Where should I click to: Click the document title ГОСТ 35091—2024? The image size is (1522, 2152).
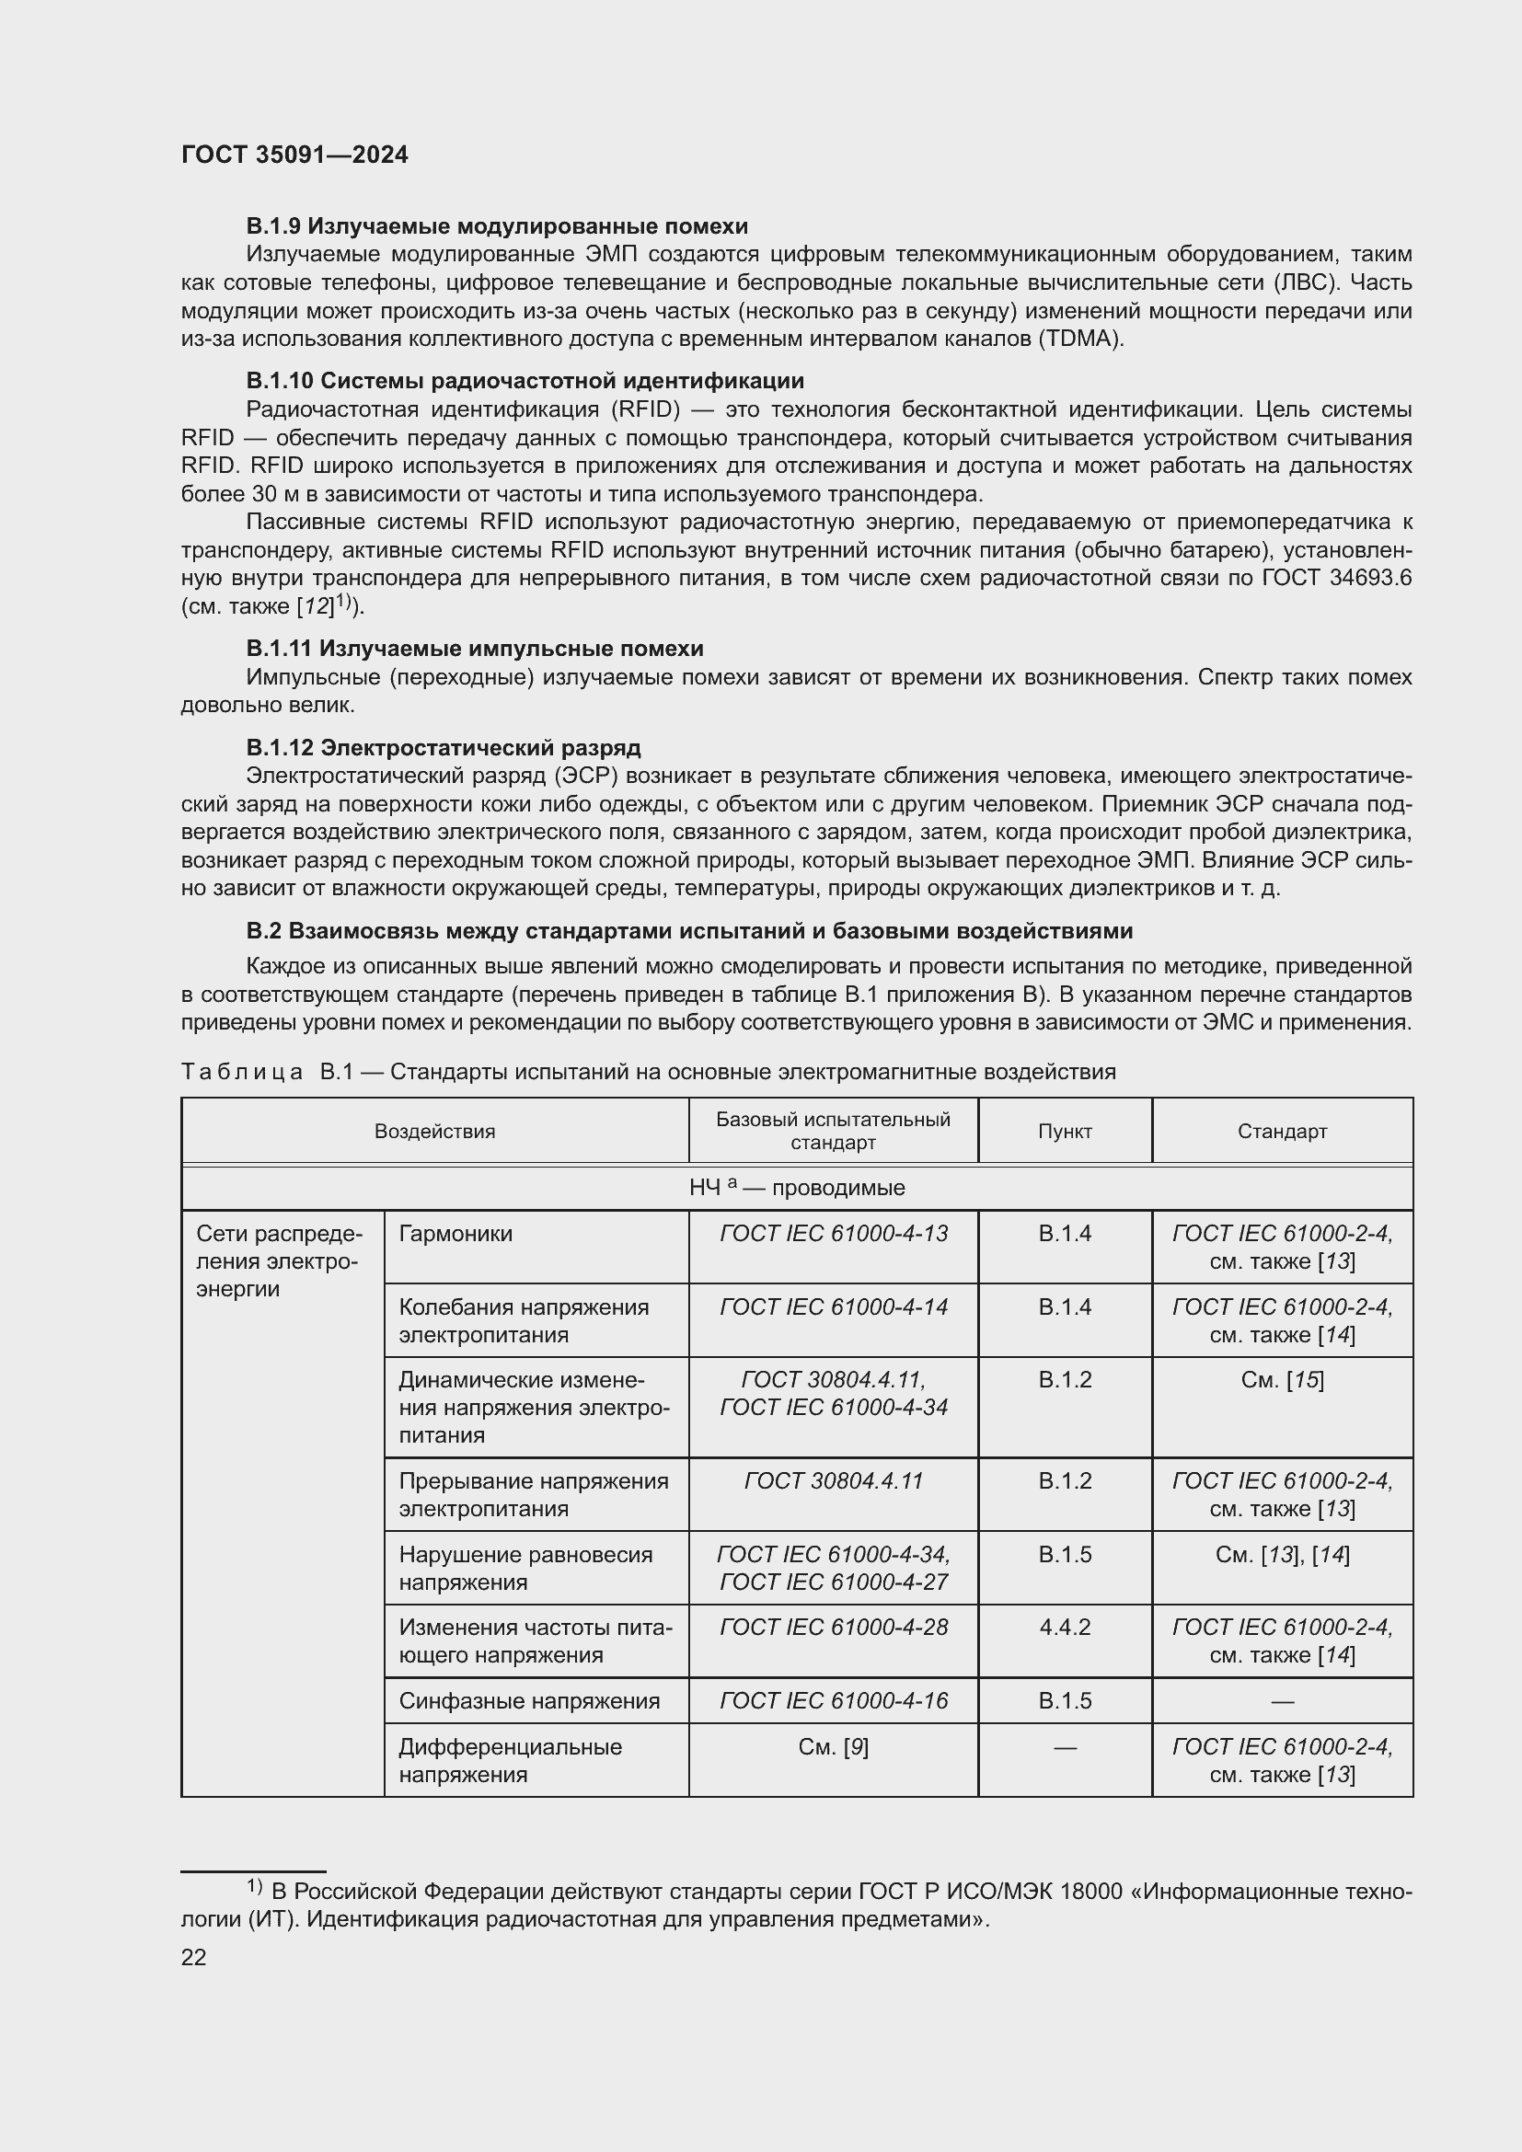click(294, 155)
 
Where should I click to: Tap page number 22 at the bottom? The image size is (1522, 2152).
click(194, 1957)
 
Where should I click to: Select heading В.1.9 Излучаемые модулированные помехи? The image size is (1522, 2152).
click(497, 226)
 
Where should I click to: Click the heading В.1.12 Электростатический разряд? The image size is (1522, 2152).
click(444, 747)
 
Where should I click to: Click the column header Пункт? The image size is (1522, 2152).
click(1065, 1132)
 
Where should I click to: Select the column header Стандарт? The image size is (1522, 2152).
click(1281, 1132)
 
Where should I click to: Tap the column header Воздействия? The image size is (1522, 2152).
click(435, 1132)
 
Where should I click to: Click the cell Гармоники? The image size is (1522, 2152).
click(455, 1234)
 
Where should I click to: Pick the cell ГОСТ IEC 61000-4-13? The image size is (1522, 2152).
click(833, 1234)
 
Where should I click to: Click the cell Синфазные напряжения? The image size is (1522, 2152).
click(529, 1700)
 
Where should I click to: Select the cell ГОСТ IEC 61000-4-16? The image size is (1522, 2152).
click(833, 1700)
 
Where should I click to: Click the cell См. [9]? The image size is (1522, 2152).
click(833, 1746)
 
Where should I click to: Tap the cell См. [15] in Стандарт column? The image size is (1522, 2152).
click(1281, 1380)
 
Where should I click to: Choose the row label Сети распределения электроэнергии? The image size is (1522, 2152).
click(277, 1260)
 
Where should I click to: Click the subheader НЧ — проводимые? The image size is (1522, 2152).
click(797, 1188)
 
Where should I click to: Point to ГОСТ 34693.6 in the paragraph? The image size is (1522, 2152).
click(1336, 579)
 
